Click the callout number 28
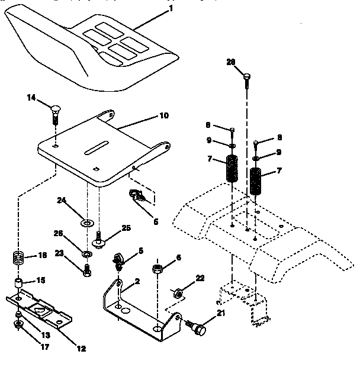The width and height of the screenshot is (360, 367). [232, 62]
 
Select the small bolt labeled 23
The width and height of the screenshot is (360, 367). [87, 271]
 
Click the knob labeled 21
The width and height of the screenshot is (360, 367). [199, 326]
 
